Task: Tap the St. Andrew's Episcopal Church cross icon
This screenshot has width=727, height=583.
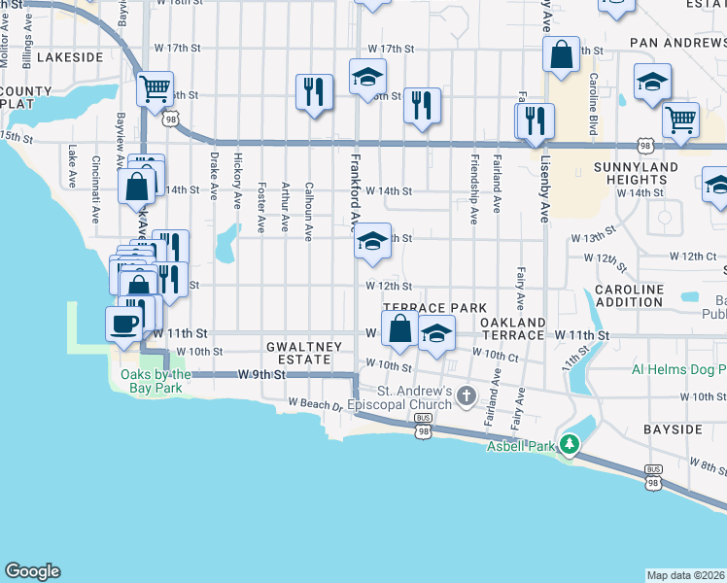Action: [x=467, y=395]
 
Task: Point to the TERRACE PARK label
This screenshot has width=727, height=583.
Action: [x=433, y=307]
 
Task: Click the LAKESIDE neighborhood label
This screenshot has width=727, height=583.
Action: [x=70, y=57]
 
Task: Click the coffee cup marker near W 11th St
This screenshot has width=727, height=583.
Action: [x=123, y=324]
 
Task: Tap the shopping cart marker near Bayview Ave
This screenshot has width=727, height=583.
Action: [x=155, y=89]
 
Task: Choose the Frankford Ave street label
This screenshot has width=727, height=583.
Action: [x=354, y=189]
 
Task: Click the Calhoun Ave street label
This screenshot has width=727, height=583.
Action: [x=308, y=211]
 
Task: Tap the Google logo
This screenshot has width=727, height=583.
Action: [x=32, y=571]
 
